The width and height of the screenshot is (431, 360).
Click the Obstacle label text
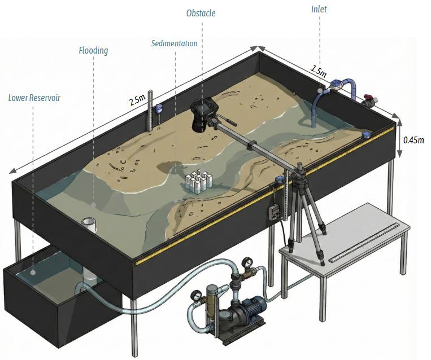201,12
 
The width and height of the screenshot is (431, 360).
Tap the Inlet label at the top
319,9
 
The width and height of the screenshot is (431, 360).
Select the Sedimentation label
175,43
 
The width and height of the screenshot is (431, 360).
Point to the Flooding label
93,51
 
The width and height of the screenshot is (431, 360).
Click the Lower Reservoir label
34,98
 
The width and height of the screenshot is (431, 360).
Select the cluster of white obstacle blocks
198,181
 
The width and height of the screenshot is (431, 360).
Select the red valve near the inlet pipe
369,101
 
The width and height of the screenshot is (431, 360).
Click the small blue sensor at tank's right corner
366,135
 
